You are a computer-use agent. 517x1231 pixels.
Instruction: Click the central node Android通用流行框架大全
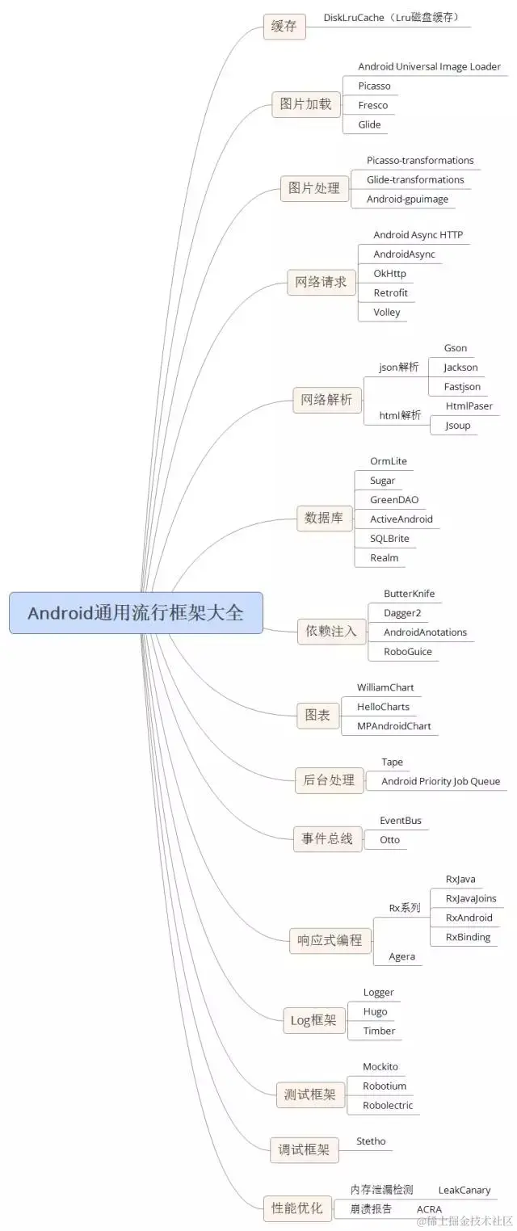tap(136, 613)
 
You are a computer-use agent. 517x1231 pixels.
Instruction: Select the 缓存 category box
tap(284, 27)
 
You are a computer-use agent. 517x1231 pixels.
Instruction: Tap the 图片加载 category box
tap(305, 104)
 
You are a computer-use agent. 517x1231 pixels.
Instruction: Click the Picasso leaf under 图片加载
tap(374, 86)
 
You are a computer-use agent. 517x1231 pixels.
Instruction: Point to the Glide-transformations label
tap(415, 180)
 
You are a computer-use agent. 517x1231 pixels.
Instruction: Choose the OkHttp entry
tap(389, 274)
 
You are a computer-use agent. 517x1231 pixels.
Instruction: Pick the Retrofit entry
tap(390, 293)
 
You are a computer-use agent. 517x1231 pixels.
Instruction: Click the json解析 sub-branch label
tap(399, 368)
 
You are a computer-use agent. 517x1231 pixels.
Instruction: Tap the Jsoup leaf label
tap(457, 426)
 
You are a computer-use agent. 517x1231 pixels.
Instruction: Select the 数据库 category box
tap(324, 519)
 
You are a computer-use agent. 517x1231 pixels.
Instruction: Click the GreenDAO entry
tap(394, 500)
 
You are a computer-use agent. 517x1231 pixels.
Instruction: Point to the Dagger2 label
tap(402, 613)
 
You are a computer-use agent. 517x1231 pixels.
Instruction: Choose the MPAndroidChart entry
tap(394, 726)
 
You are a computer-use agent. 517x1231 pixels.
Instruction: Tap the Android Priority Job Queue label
tap(440, 781)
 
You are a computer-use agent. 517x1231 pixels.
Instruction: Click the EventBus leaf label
tap(401, 821)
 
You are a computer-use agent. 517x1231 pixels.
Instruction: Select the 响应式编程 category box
tap(330, 941)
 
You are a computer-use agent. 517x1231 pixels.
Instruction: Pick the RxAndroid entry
tap(469, 918)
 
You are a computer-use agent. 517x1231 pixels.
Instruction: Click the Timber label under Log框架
tap(379, 1031)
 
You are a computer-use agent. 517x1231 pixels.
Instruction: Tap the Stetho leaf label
tap(371, 1141)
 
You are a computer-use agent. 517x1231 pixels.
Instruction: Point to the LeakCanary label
tap(464, 1191)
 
